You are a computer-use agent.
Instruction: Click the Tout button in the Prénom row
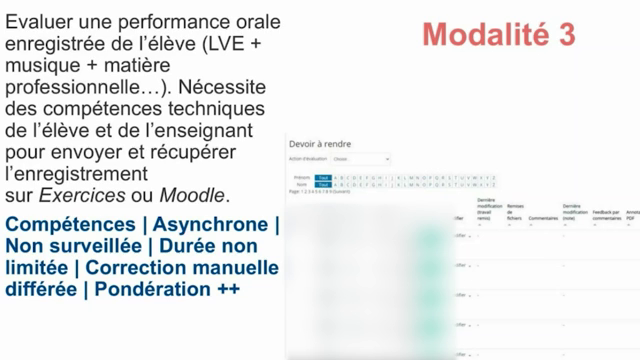pos(323,176)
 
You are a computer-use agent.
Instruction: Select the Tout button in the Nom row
pos(323,184)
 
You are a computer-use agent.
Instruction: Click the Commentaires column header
pos(543,217)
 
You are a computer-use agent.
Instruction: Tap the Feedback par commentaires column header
pos(606,214)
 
